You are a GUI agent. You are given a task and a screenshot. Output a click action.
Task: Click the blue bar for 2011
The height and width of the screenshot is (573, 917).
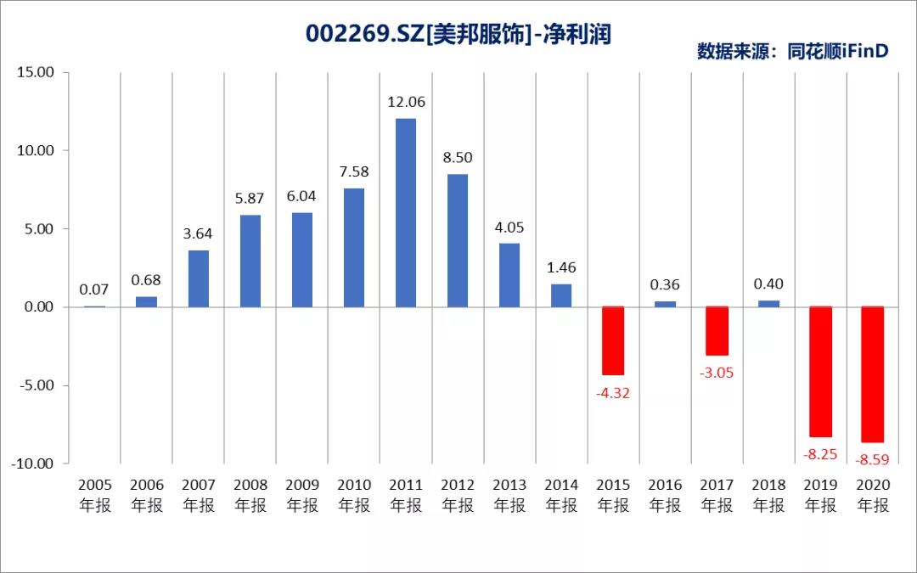click(x=406, y=212)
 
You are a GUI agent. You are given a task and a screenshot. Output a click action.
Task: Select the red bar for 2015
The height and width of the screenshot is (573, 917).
click(x=613, y=340)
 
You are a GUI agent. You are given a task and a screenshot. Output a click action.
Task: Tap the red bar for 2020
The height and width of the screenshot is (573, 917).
click(x=872, y=374)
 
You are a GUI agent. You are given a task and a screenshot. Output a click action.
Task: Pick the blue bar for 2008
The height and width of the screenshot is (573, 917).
click(x=250, y=261)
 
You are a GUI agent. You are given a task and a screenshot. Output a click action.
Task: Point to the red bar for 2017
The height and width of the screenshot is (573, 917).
click(x=717, y=331)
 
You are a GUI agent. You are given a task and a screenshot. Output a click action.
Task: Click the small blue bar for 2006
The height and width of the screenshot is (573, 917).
click(x=147, y=301)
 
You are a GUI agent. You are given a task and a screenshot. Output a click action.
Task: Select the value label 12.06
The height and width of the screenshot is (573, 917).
click(x=406, y=102)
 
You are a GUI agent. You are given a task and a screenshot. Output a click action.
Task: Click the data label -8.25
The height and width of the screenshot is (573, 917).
click(x=820, y=454)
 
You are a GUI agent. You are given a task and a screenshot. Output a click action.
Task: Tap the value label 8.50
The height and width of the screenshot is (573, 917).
click(x=458, y=157)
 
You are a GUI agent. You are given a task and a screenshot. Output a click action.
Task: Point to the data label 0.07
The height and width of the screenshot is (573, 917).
click(x=95, y=289)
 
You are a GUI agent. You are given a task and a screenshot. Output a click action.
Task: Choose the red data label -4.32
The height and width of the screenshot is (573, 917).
click(x=613, y=393)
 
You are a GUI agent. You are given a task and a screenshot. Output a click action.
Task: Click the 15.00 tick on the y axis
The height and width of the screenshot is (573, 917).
click(x=36, y=72)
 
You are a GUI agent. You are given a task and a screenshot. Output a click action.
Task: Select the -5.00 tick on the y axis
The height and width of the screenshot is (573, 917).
click(x=36, y=385)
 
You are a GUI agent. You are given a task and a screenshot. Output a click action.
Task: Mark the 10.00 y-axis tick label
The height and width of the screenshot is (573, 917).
click(x=36, y=150)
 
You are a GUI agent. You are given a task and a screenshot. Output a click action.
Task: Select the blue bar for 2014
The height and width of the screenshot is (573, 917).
click(x=561, y=295)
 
